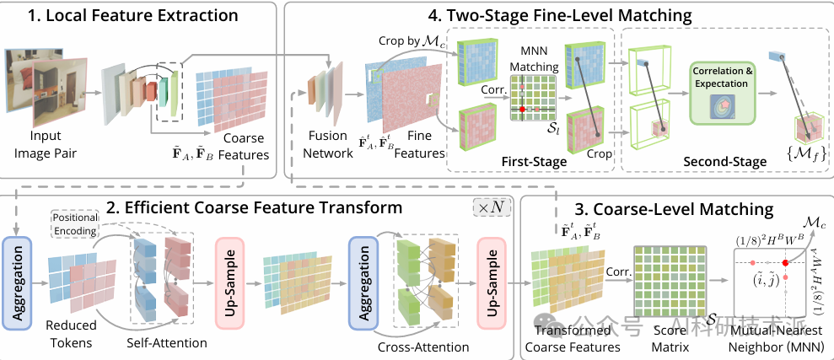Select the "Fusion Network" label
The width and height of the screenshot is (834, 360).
click(327, 145)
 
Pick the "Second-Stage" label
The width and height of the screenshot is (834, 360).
click(724, 161)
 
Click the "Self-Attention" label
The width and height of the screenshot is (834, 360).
click(167, 345)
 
